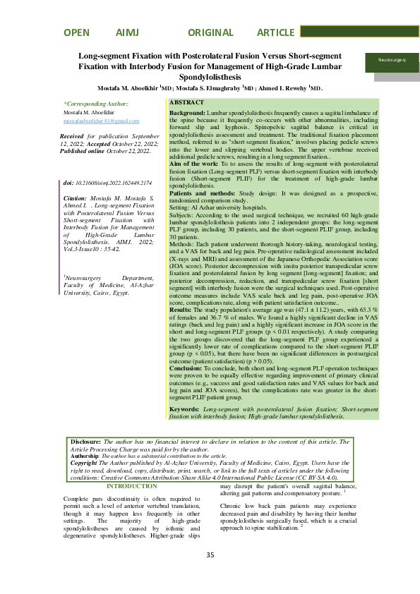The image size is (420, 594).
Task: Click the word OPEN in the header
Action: (76, 32)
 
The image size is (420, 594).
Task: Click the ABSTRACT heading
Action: (187, 103)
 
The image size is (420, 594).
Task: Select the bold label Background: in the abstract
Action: (188, 113)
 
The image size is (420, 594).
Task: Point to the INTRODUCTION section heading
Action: (131, 487)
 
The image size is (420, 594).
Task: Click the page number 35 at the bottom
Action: (210, 575)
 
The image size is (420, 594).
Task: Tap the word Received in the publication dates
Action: (72, 135)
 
